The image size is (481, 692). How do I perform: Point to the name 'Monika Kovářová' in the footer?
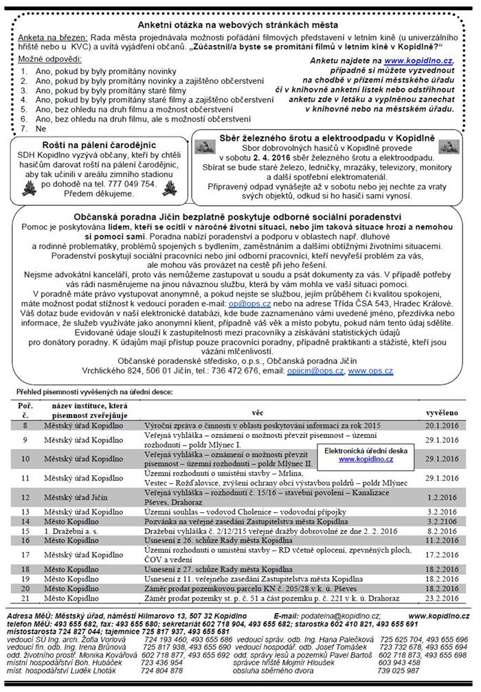coord(103,654)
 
